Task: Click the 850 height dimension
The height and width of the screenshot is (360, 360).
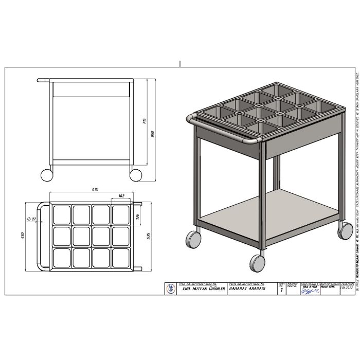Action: pyautogui.click(x=152, y=134)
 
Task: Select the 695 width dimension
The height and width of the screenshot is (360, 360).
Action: pyautogui.click(x=95, y=190)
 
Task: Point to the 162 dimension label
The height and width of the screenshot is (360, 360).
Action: pyautogui.click(x=121, y=196)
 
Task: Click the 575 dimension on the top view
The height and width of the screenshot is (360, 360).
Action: pyautogui.click(x=149, y=236)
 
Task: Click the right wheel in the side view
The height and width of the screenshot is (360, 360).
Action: pyautogui.click(x=136, y=174)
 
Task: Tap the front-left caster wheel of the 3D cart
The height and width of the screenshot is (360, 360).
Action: pyautogui.click(x=193, y=240)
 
